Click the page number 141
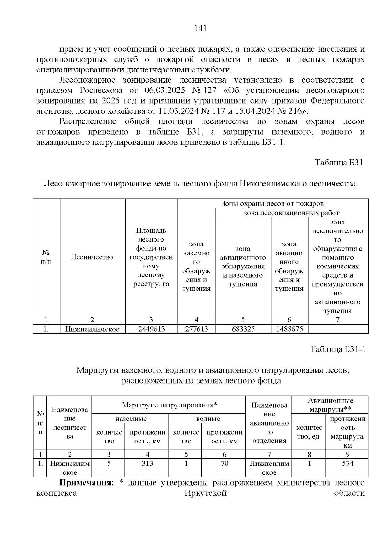[x=200, y=28]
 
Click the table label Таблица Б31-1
[x=338, y=349]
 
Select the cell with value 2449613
[x=151, y=329]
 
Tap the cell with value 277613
[x=196, y=329]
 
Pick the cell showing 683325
[x=243, y=329]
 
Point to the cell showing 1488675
[x=289, y=329]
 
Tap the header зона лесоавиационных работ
[x=291, y=213]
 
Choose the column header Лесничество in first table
[x=92, y=257]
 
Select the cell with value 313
[x=147, y=464]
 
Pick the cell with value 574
[x=348, y=464]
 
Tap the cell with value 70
[x=224, y=464]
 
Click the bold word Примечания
[x=86, y=483]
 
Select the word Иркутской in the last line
[x=206, y=493]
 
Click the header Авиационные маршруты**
[x=330, y=405]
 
